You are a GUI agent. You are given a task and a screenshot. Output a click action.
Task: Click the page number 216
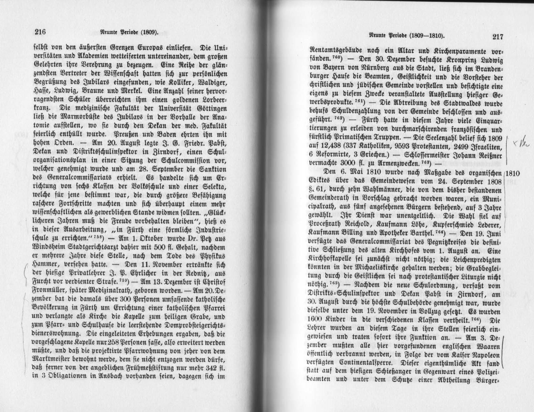click(x=40, y=32)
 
